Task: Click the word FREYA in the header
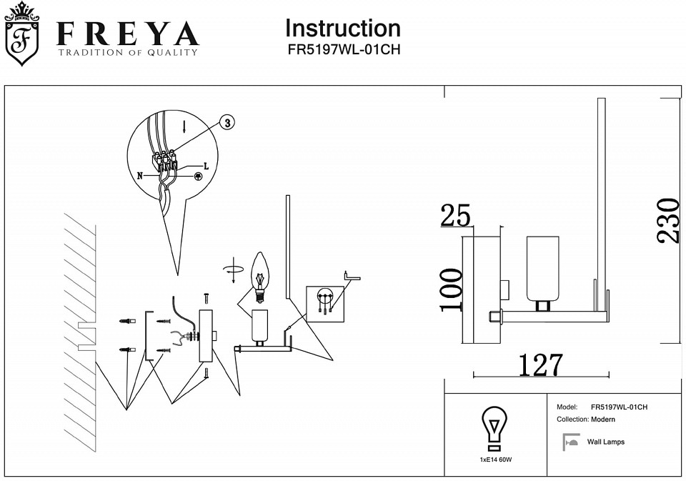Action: pos(127,34)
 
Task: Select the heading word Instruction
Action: pos(343,28)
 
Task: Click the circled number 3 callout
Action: pos(227,123)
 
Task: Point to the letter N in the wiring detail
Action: pos(140,174)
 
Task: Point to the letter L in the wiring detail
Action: pos(206,166)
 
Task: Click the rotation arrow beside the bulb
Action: pos(233,270)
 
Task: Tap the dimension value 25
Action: pos(455,215)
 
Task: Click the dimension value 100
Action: pos(451,289)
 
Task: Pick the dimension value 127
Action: pos(540,365)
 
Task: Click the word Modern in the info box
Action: pos(603,420)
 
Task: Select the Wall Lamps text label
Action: pos(606,442)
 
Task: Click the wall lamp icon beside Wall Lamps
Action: pos(570,442)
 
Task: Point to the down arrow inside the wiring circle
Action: pos(184,128)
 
